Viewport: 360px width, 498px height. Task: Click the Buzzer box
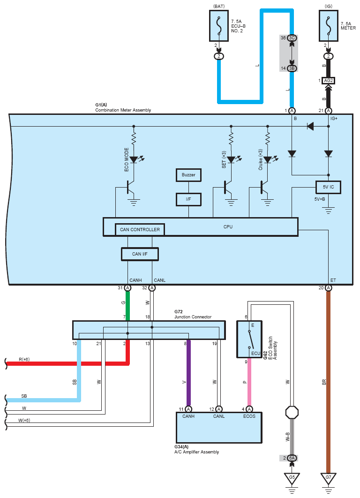pyautogui.click(x=188, y=175)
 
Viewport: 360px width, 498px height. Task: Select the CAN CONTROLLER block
pyautogui.click(x=140, y=229)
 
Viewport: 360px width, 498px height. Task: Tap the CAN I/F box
pyautogui.click(x=140, y=254)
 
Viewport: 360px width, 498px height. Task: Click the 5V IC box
pyautogui.click(x=328, y=188)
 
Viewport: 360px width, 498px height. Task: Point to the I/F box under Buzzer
pyautogui.click(x=188, y=199)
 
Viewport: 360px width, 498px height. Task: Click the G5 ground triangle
pyautogui.click(x=292, y=479)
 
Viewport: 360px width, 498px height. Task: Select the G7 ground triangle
pyautogui.click(x=328, y=479)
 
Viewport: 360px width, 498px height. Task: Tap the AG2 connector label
pyautogui.click(x=328, y=81)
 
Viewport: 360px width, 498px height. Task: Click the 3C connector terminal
pyautogui.click(x=292, y=38)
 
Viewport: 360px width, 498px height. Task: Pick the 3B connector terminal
pyautogui.click(x=292, y=68)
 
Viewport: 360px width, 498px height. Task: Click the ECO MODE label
pyautogui.click(x=127, y=159)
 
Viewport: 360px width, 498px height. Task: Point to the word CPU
pyautogui.click(x=228, y=226)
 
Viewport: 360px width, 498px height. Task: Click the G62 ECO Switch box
pyautogui.click(x=249, y=339)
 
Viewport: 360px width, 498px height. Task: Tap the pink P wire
pyautogui.click(x=249, y=382)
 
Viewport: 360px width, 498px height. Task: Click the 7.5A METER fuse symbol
pyautogui.click(x=328, y=25)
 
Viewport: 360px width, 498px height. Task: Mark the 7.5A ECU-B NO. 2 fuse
pyautogui.click(x=219, y=25)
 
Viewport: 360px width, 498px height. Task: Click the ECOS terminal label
pyautogui.click(x=249, y=416)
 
